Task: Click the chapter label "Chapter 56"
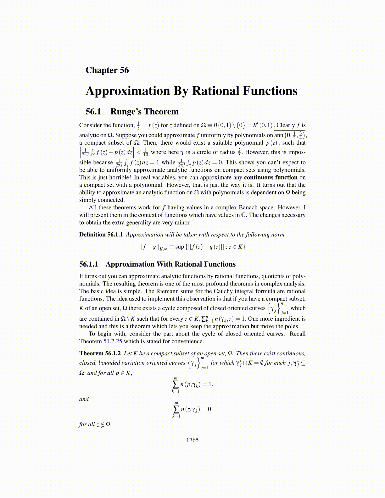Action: click(x=107, y=70)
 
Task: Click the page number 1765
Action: click(x=192, y=440)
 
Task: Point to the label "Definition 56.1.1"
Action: click(x=101, y=235)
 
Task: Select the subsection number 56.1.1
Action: click(x=89, y=264)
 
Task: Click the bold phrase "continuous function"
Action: click(x=271, y=177)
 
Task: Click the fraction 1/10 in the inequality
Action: click(x=146, y=152)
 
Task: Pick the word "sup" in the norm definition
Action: click(x=180, y=247)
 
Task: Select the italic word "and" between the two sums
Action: click(x=84, y=399)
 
